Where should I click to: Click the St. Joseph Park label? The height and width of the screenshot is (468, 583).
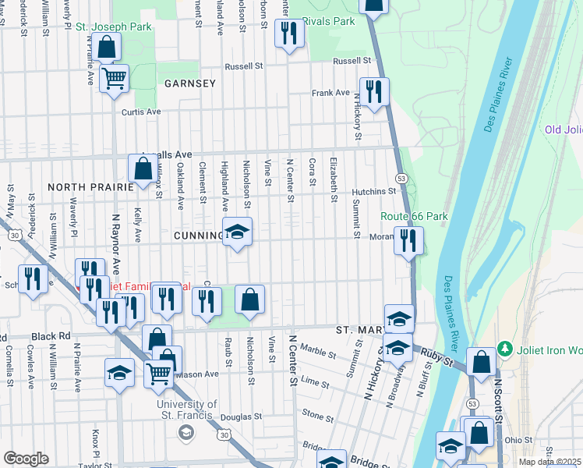pyautogui.click(x=113, y=27)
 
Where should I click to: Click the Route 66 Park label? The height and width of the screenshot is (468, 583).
pyautogui.click(x=403, y=216)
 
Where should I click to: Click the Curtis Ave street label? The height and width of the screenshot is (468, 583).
pyautogui.click(x=140, y=112)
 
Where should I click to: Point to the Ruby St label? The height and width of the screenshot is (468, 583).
pyautogui.click(x=437, y=360)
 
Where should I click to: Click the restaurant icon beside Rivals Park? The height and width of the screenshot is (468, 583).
pyautogui.click(x=289, y=34)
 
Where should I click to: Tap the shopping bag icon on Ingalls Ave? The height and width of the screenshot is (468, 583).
pyautogui.click(x=143, y=168)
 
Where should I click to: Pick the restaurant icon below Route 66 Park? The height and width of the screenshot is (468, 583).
pyautogui.click(x=408, y=241)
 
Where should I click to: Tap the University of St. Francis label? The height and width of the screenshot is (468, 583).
pyautogui.click(x=186, y=409)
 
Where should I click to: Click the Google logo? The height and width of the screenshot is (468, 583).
pyautogui.click(x=26, y=459)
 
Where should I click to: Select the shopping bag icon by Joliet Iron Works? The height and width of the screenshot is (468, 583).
pyautogui.click(x=481, y=362)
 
